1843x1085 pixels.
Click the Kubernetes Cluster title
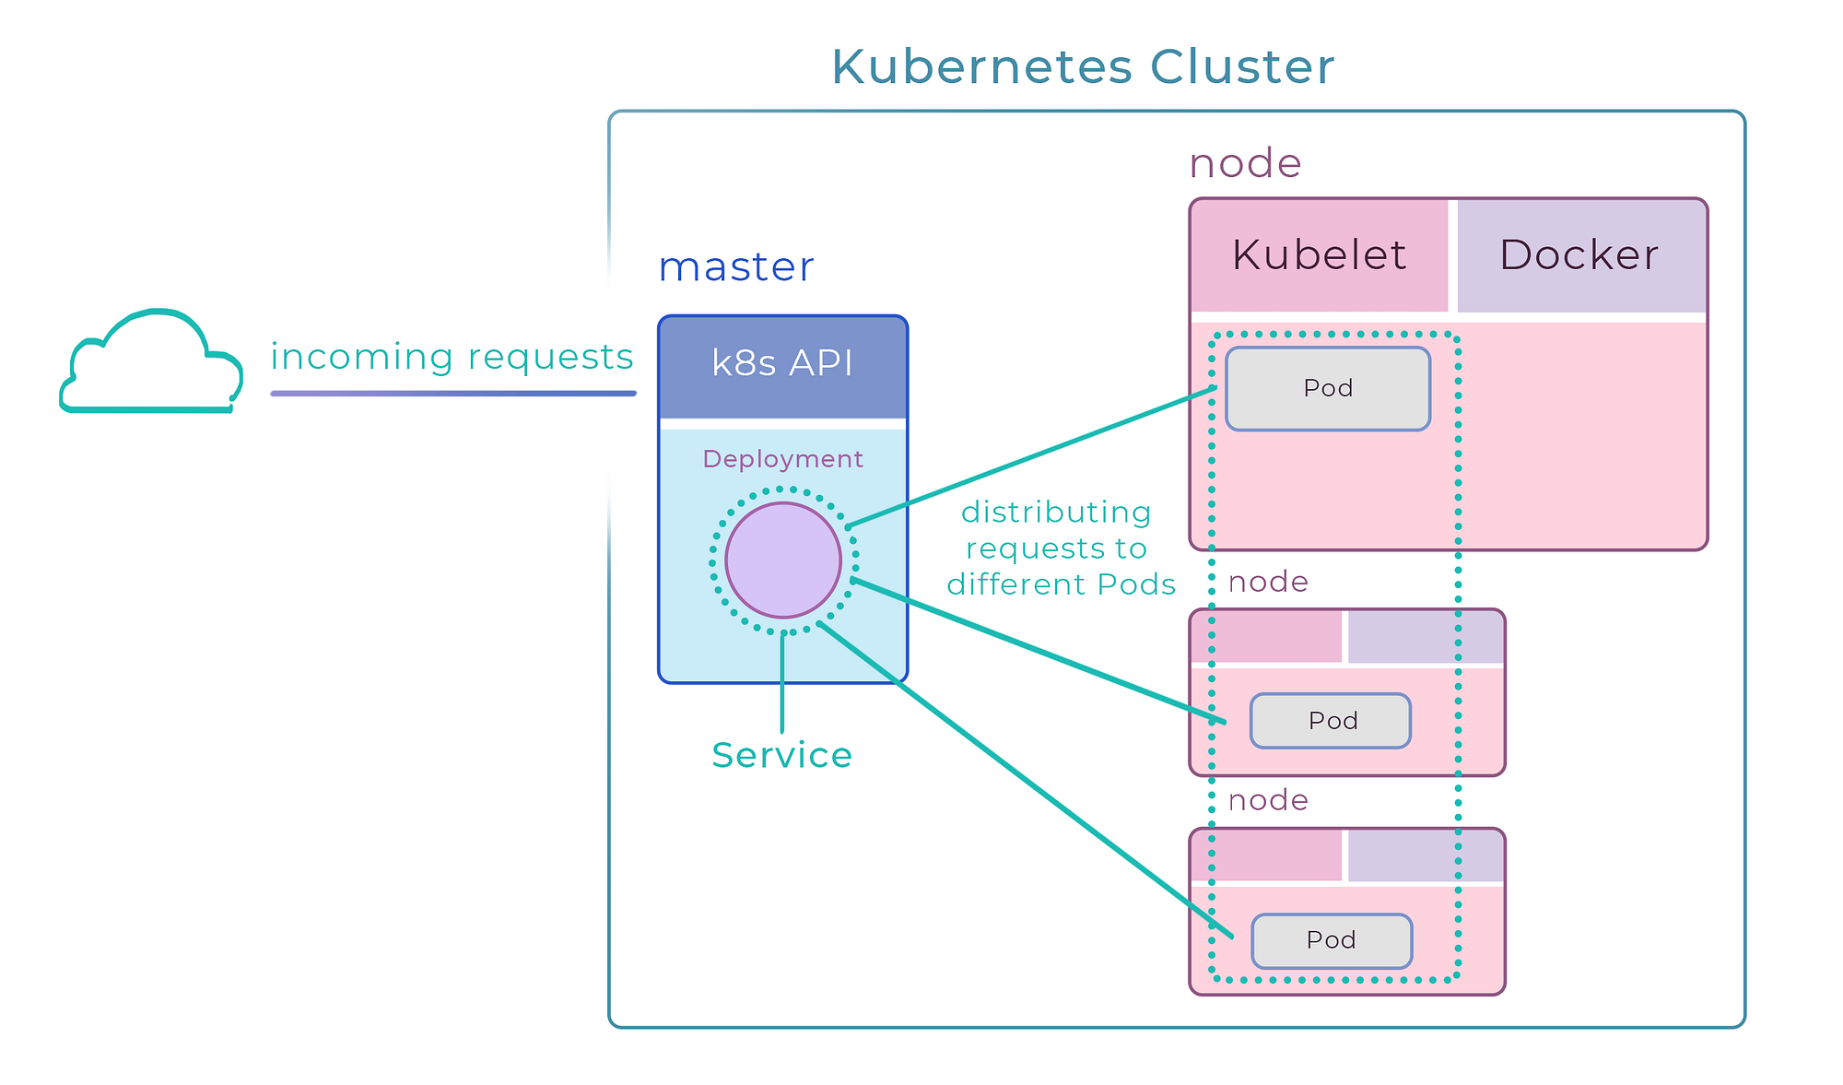point(1082,67)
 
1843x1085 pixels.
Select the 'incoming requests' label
point(452,357)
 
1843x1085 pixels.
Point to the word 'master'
point(735,267)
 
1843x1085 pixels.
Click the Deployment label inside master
point(782,459)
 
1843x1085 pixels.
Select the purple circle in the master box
point(782,560)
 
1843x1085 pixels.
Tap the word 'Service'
point(781,755)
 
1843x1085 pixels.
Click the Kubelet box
point(1319,255)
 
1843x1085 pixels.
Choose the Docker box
point(1579,255)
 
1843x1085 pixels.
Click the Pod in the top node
point(1327,388)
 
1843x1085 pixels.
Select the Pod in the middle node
point(1331,721)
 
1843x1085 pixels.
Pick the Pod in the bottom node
point(1332,940)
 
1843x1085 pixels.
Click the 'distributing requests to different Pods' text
point(1060,548)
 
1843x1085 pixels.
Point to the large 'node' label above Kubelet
point(1245,164)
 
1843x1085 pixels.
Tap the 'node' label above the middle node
point(1268,582)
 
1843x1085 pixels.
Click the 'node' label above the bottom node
point(1268,800)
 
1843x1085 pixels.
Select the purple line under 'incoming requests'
point(452,394)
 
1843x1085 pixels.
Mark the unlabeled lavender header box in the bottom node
point(1425,855)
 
